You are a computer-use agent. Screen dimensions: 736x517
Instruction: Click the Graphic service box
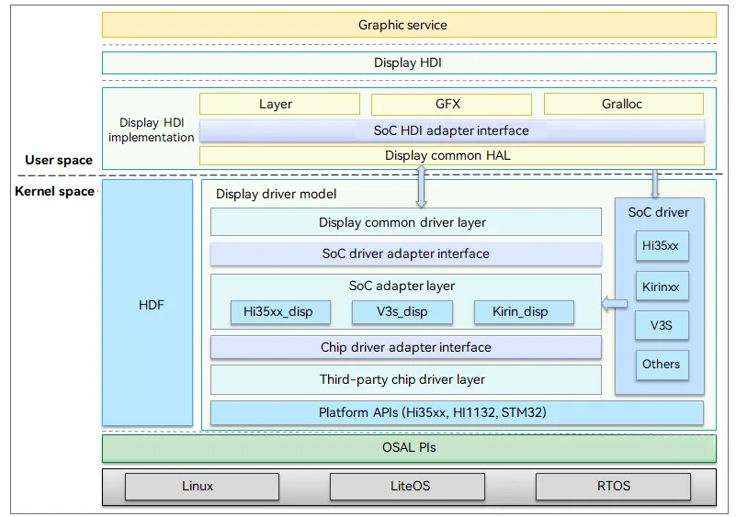[409, 25]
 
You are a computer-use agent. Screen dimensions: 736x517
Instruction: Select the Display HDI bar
[409, 62]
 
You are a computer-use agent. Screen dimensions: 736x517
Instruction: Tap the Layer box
[279, 104]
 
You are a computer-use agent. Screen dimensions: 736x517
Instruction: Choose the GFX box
[451, 104]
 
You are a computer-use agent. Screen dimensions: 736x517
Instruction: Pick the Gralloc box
[624, 104]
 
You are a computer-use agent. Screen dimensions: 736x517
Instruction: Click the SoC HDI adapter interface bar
[452, 130]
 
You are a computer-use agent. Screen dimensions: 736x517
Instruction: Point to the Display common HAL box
[452, 156]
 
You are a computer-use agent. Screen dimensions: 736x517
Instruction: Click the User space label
[59, 160]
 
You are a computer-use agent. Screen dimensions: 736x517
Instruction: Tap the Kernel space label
[54, 191]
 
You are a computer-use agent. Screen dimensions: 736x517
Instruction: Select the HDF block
[147, 303]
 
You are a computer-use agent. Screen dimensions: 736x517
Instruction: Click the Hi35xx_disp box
[280, 312]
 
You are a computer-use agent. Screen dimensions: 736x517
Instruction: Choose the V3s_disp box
[402, 312]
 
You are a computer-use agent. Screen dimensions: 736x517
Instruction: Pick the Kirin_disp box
[524, 312]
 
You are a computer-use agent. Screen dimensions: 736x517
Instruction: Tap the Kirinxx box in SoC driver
[662, 287]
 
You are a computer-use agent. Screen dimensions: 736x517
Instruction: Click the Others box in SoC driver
[662, 365]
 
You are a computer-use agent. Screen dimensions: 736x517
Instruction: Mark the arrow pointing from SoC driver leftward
[615, 304]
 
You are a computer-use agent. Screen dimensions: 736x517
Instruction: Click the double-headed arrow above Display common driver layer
[421, 186]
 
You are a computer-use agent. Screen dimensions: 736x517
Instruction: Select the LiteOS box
[407, 487]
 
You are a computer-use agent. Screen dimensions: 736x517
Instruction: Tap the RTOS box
[613, 487]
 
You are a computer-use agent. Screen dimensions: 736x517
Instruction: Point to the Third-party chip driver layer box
[406, 379]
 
